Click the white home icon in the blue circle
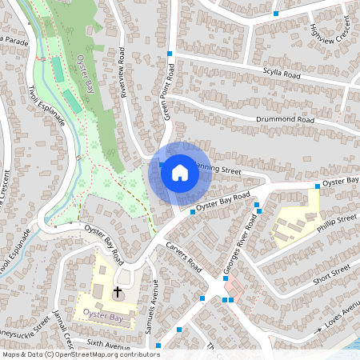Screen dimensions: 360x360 tap(180, 172)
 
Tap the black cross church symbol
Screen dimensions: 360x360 tap(118, 293)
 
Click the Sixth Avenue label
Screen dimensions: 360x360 tap(108, 344)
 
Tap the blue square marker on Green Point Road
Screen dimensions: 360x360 tap(170, 54)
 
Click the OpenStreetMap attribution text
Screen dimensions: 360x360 tap(80, 354)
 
